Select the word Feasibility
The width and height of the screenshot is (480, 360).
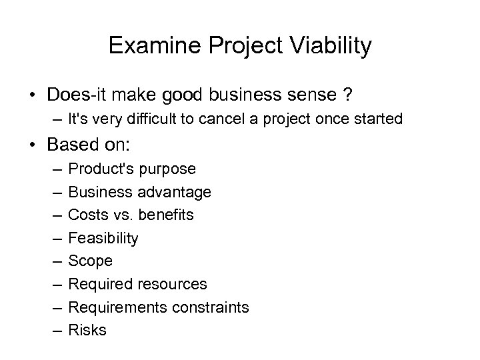(x=103, y=238)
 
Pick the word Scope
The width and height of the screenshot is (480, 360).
(x=91, y=261)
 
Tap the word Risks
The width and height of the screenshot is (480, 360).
(x=87, y=329)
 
